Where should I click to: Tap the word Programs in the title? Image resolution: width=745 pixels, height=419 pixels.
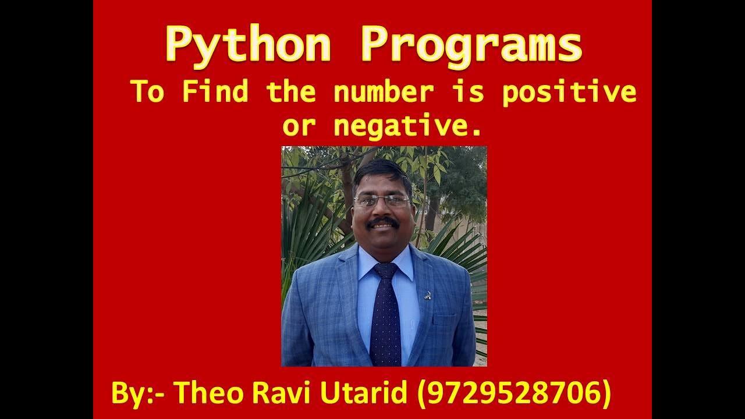[x=471, y=45]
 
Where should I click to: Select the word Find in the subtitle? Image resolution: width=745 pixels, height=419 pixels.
[x=215, y=92]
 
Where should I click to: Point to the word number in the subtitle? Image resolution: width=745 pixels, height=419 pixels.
[x=384, y=92]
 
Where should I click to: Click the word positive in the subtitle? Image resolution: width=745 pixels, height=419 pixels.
[x=569, y=92]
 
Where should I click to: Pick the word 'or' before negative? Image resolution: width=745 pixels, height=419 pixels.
[x=299, y=126]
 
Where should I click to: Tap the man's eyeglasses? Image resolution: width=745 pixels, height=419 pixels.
[x=382, y=201]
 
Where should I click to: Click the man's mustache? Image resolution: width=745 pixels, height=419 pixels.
[x=383, y=222]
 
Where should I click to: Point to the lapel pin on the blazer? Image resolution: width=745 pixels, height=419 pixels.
[x=428, y=294]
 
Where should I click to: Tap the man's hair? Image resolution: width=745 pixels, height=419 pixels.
[x=381, y=171]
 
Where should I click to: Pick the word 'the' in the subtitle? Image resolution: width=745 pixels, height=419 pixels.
[x=290, y=92]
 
